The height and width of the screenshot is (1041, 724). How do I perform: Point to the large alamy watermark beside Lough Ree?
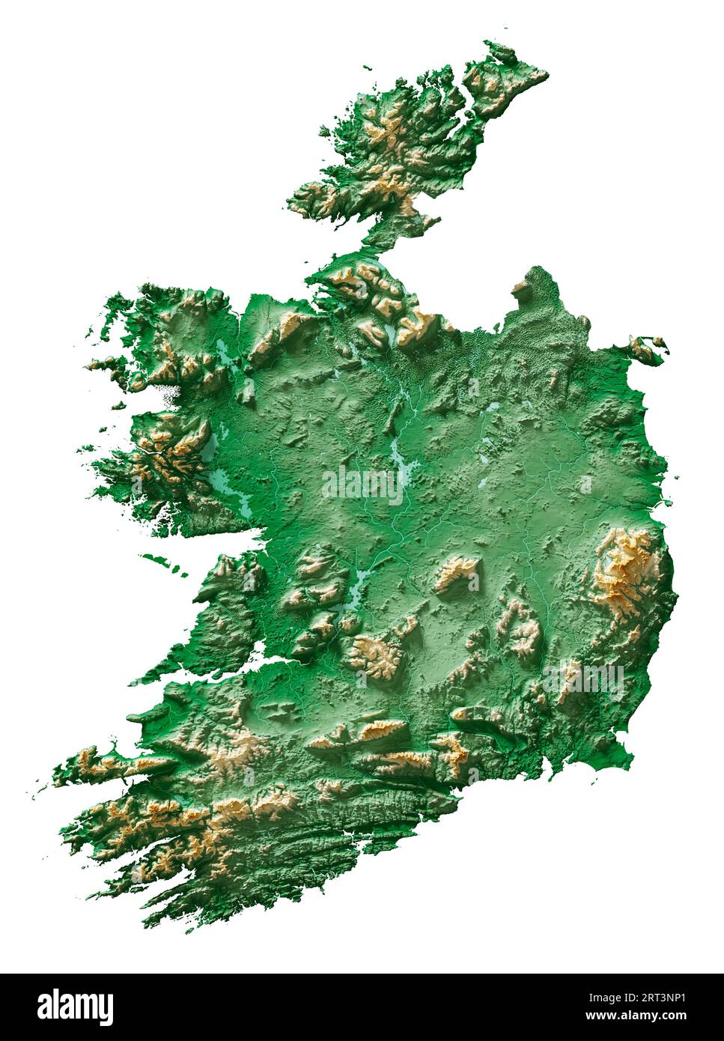pyautogui.click(x=362, y=485)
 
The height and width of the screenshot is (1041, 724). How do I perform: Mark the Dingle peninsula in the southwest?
pyautogui.click(x=112, y=764)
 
